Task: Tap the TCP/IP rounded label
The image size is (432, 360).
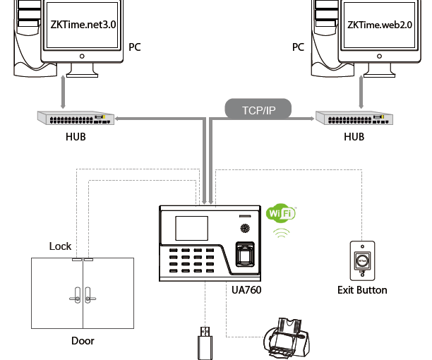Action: [259, 109]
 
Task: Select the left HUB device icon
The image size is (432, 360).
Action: [76, 118]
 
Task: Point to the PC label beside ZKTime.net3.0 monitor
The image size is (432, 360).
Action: [135, 47]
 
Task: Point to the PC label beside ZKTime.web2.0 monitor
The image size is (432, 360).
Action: [298, 47]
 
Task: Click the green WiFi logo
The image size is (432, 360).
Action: [281, 213]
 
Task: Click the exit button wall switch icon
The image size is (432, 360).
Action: [361, 259]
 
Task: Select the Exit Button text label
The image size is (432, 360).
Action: [362, 290]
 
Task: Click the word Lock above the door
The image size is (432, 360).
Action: [60, 246]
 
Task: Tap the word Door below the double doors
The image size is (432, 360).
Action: [83, 341]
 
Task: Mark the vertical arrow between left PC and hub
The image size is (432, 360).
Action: [65, 90]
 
